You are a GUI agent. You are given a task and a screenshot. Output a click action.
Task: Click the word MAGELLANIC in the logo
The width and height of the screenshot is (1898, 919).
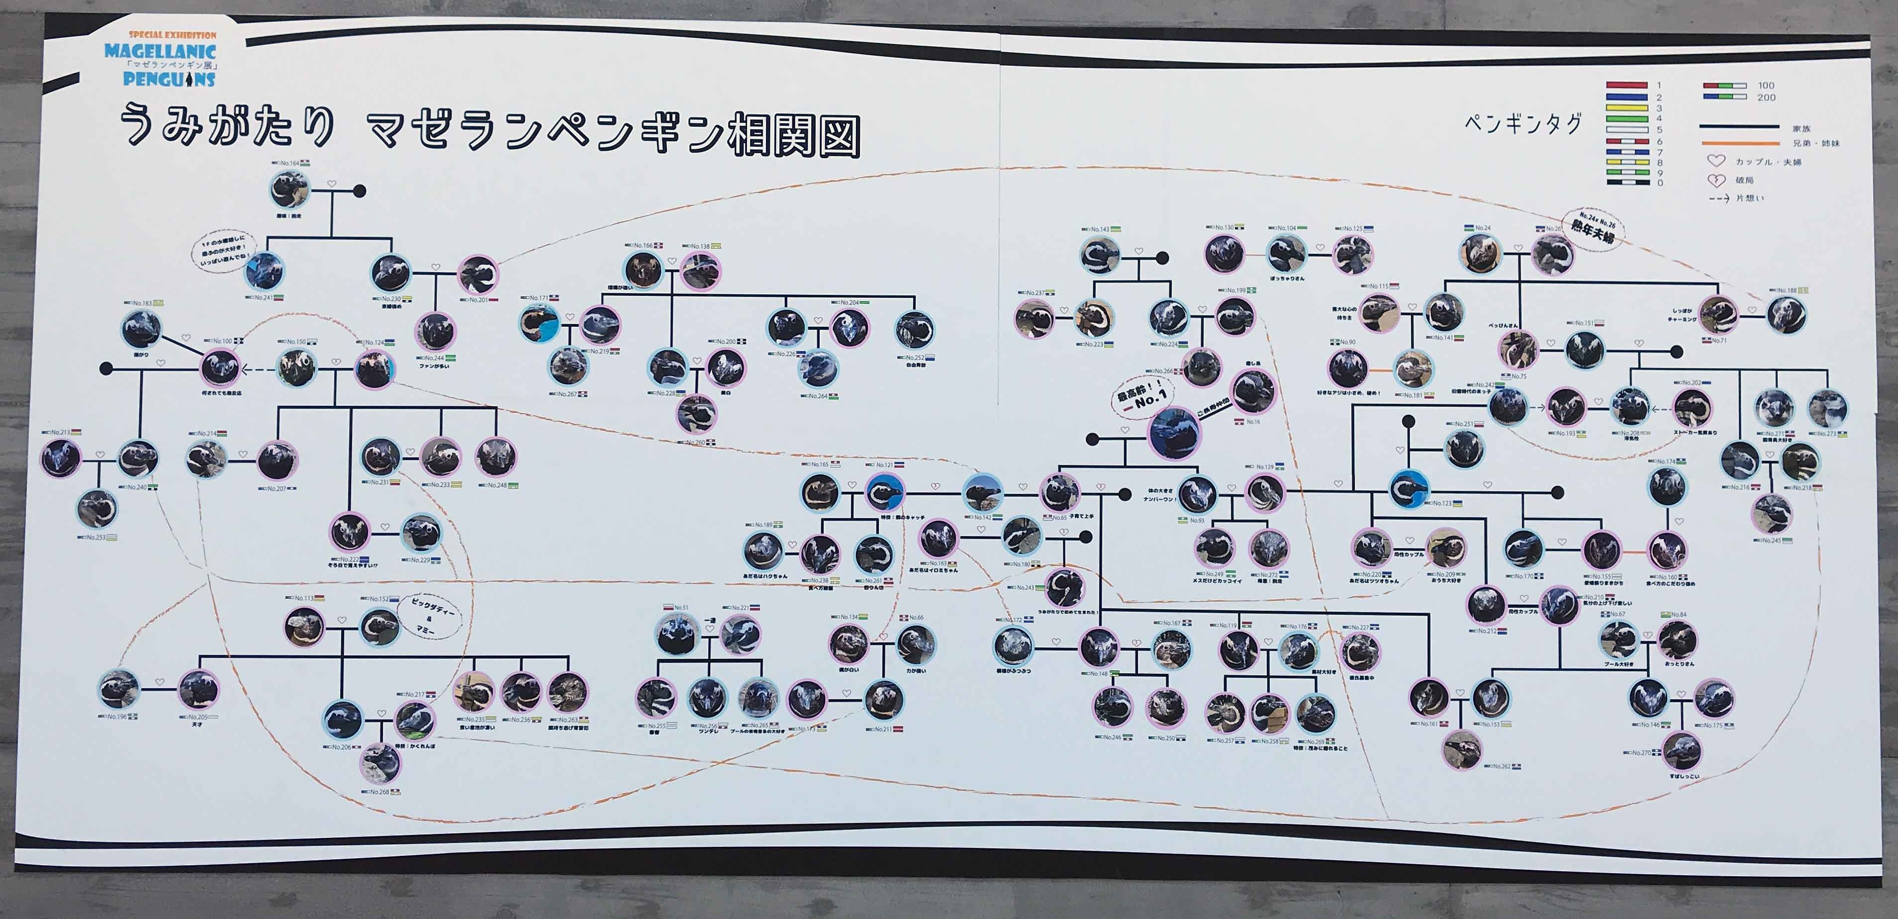(160, 52)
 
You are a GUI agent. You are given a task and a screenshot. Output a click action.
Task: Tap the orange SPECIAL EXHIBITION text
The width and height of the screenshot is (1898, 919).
(173, 35)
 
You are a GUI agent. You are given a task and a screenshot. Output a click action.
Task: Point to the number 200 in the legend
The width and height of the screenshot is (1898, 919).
(1767, 97)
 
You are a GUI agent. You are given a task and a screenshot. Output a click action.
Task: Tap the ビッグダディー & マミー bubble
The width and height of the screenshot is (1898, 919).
(433, 618)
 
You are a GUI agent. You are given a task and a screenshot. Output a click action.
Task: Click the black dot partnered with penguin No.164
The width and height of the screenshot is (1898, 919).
(360, 191)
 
